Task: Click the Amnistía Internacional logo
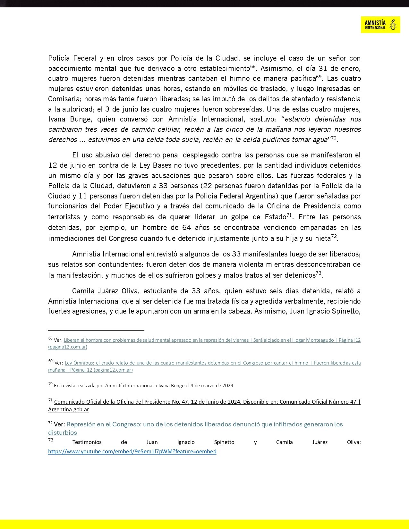coord(380,25)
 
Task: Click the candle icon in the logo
coord(393,25)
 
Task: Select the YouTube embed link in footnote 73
coord(132,451)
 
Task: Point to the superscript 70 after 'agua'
coord(333,138)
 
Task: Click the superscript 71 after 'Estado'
coord(289,215)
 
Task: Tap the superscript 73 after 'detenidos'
coord(318,273)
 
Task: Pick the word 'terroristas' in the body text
coord(64,217)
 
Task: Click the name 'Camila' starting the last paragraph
coord(83,291)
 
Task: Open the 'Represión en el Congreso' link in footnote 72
coord(204,424)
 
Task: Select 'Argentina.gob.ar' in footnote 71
coord(68,409)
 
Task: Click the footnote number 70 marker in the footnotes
coord(50,384)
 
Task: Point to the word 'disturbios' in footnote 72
coord(63,433)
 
